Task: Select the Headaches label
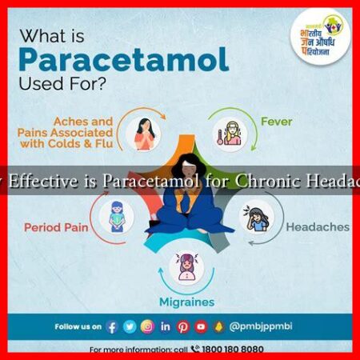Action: point(317,226)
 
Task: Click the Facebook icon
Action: point(112,326)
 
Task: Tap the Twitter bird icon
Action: point(130,326)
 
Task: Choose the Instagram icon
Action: point(147,326)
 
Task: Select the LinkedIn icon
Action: point(165,326)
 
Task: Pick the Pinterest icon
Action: point(182,326)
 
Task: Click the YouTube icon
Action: point(200,326)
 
